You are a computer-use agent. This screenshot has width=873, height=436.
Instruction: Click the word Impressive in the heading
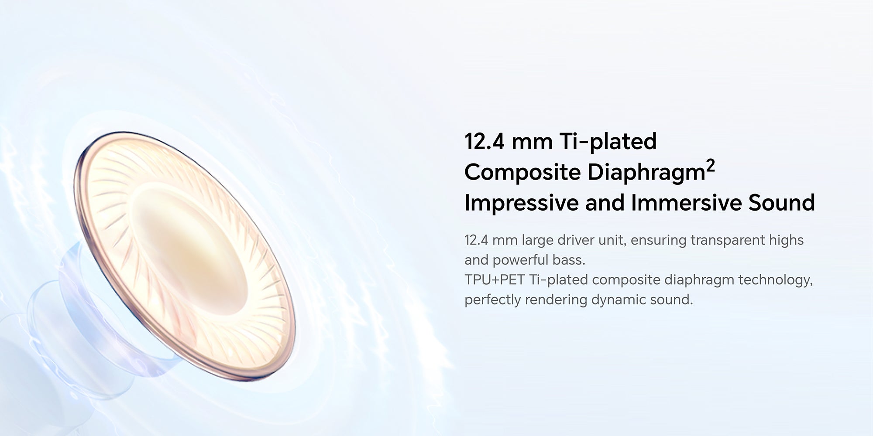521,203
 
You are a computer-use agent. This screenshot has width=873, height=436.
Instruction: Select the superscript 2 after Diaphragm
710,167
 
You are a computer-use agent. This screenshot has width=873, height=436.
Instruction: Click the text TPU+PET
495,279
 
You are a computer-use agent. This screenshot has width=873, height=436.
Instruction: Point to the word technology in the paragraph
775,280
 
